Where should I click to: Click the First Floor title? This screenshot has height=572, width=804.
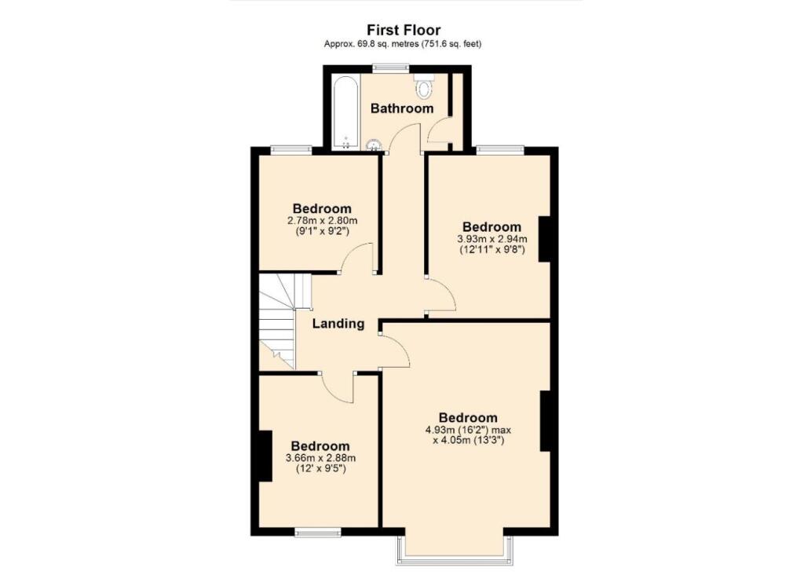pyautogui.click(x=403, y=31)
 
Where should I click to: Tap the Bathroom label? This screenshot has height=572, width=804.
pyautogui.click(x=402, y=108)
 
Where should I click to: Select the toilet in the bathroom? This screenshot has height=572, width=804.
pyautogui.click(x=423, y=86)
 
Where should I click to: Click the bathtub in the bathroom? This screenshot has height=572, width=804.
pyautogui.click(x=345, y=113)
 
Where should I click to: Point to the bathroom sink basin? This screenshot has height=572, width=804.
pyautogui.click(x=374, y=145)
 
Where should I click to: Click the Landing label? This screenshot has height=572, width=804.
pyautogui.click(x=338, y=324)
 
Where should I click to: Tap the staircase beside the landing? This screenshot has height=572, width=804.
pyautogui.click(x=280, y=321)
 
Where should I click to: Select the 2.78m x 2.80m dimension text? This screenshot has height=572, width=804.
pyautogui.click(x=323, y=221)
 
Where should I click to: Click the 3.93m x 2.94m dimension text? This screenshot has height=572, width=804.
pyautogui.click(x=492, y=239)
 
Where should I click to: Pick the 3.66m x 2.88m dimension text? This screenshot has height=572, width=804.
pyautogui.click(x=321, y=458)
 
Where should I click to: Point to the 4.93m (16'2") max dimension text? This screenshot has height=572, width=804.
pyautogui.click(x=468, y=430)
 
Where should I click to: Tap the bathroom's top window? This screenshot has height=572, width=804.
pyautogui.click(x=391, y=67)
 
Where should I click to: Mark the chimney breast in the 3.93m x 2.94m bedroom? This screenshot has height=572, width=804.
pyautogui.click(x=545, y=239)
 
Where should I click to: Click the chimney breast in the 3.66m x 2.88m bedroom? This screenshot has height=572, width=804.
pyautogui.click(x=265, y=456)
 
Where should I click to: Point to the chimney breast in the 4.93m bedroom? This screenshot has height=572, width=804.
pyautogui.click(x=545, y=420)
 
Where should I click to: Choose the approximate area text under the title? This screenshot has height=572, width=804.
pyautogui.click(x=403, y=44)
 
